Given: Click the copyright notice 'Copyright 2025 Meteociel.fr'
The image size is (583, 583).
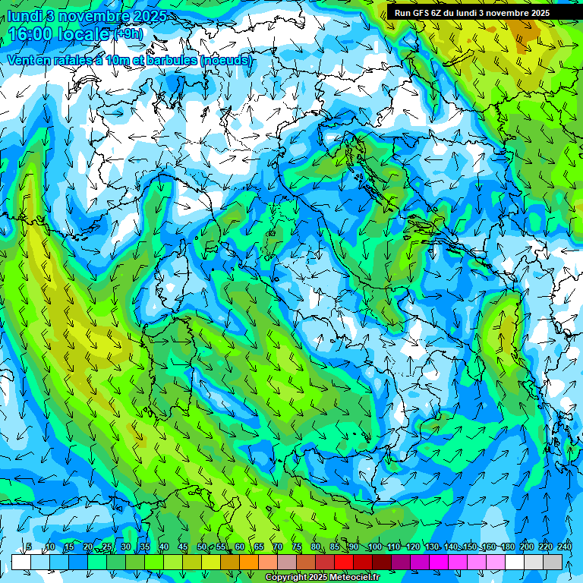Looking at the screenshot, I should pyautogui.click(x=322, y=578).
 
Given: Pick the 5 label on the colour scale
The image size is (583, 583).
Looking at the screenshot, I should pyautogui.click(x=29, y=547).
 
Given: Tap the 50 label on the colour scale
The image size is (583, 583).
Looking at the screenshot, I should pyautogui.click(x=201, y=547).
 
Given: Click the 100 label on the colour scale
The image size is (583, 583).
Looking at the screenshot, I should pyautogui.click(x=374, y=547).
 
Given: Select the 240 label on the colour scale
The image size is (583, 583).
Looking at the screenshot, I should pyautogui.click(x=564, y=547).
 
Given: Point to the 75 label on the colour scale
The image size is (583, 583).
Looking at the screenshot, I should pyautogui.click(x=296, y=547).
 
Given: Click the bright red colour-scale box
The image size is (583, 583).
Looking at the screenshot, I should pyautogui.click(x=344, y=562).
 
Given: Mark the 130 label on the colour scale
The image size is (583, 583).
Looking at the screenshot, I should pyautogui.click(x=431, y=547).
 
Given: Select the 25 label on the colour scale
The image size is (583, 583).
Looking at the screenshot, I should pyautogui.click(x=107, y=547).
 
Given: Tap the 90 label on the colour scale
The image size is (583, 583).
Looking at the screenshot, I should pyautogui.click(x=354, y=547).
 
